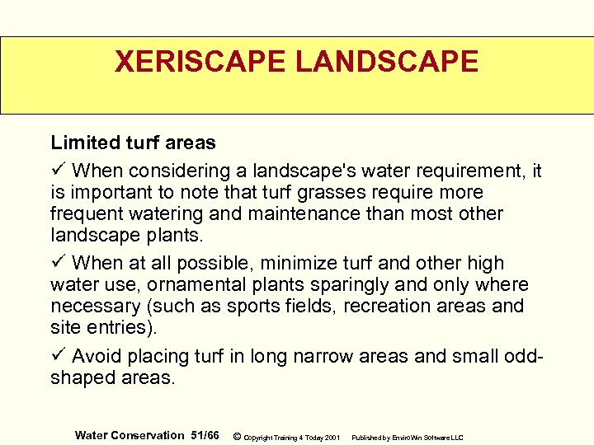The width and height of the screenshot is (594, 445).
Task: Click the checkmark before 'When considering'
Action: tap(57, 171)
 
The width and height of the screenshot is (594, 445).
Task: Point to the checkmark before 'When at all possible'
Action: tap(57, 263)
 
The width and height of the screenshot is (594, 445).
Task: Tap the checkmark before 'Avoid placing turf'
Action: tap(57, 356)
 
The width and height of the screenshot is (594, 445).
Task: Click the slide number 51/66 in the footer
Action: tap(205, 435)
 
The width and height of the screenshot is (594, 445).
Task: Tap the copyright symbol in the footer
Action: tap(238, 436)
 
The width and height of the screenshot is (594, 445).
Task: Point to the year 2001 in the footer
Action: tap(332, 437)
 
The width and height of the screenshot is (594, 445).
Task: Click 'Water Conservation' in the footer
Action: tap(130, 435)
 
